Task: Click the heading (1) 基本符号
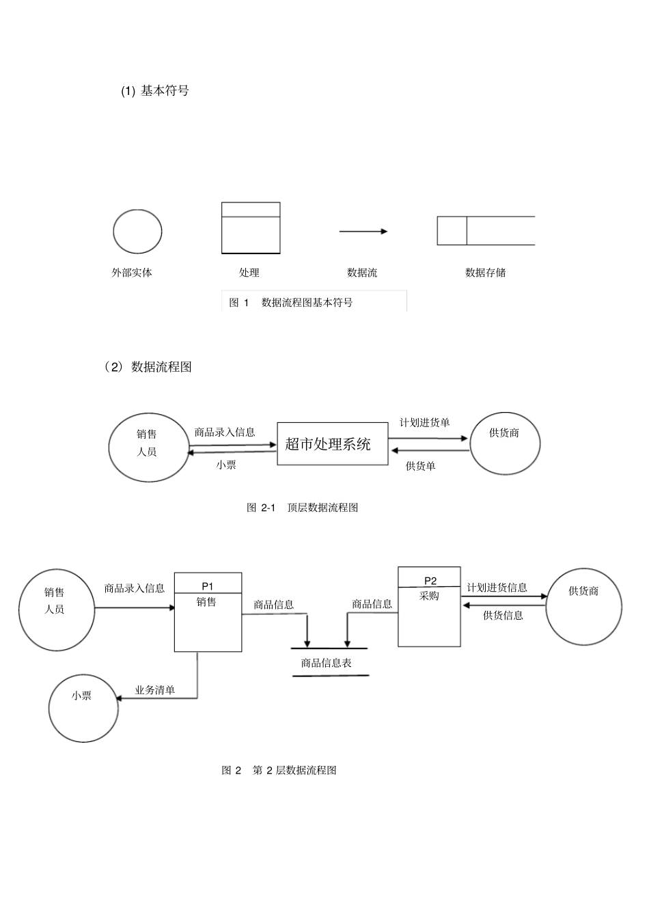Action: pyautogui.click(x=155, y=91)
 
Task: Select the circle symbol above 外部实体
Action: pyautogui.click(x=137, y=232)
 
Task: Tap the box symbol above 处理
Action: pyautogui.click(x=251, y=228)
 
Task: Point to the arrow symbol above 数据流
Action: pyautogui.click(x=363, y=232)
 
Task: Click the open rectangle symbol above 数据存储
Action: pyautogui.click(x=486, y=231)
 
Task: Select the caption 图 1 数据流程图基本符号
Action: pyautogui.click(x=291, y=303)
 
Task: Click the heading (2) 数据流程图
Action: pyautogui.click(x=148, y=367)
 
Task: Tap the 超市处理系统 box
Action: pyautogui.click(x=332, y=444)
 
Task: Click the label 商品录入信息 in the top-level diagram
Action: pyautogui.click(x=225, y=432)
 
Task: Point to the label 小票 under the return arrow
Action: pyautogui.click(x=226, y=465)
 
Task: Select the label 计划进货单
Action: pyautogui.click(x=425, y=422)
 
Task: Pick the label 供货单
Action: pyautogui.click(x=421, y=466)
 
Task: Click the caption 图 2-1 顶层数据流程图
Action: pyautogui.click(x=302, y=508)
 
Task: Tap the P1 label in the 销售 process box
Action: pyautogui.click(x=208, y=586)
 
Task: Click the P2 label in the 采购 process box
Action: pyautogui.click(x=430, y=580)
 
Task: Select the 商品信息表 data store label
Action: pyautogui.click(x=327, y=663)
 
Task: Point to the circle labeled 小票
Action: pyautogui.click(x=83, y=707)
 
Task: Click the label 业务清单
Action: pyautogui.click(x=155, y=690)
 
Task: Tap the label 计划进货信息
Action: pyautogui.click(x=497, y=588)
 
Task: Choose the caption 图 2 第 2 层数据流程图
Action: pyautogui.click(x=279, y=770)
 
